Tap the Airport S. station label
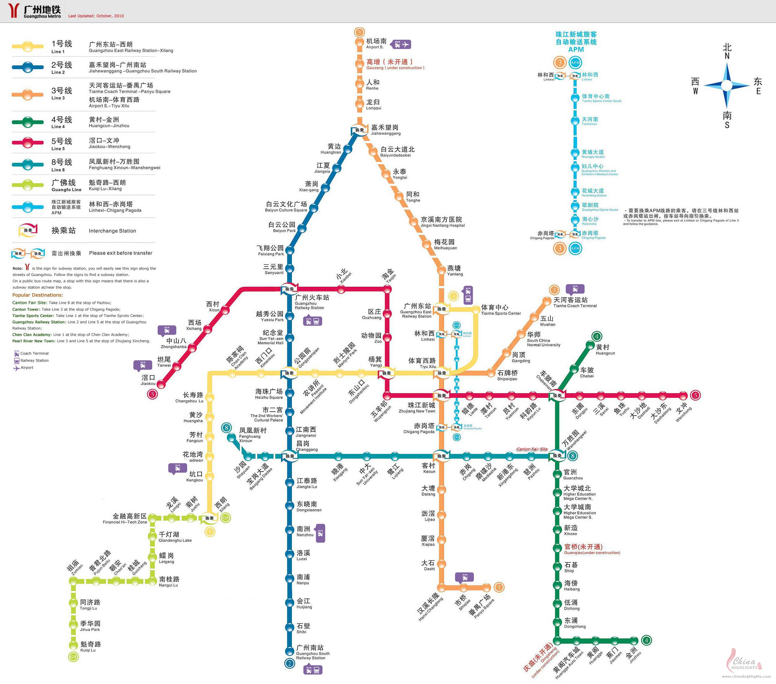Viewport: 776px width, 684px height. tap(376, 43)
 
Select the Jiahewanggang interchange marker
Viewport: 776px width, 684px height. tap(359, 129)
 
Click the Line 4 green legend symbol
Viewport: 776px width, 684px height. tap(27, 122)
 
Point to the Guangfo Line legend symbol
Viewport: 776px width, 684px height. tap(27, 185)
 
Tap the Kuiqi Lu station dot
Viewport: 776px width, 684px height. tap(73, 645)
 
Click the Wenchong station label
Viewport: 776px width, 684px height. tap(684, 412)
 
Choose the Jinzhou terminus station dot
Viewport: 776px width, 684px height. tap(633, 640)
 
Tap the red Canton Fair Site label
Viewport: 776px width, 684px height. tap(532, 449)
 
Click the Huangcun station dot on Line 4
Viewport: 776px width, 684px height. tap(590, 345)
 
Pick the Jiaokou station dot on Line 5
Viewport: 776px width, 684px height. tap(161, 384)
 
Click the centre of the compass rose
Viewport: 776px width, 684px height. tap(727, 85)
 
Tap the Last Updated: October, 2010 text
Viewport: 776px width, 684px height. tap(96, 16)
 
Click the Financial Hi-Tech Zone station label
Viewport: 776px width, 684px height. tap(125, 518)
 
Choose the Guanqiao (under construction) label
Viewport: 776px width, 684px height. tap(591, 549)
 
